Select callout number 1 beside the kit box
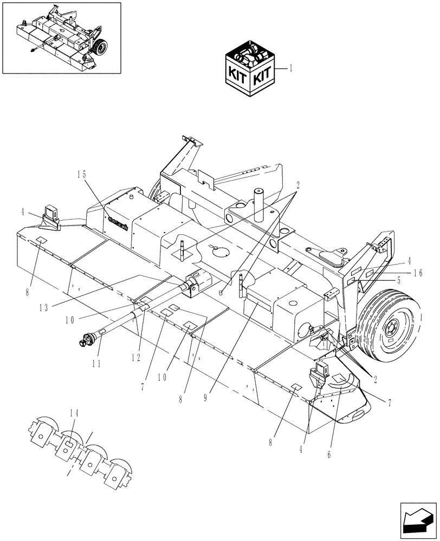pos(291,69)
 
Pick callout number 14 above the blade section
pos(74,413)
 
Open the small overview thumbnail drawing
pos(61,37)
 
